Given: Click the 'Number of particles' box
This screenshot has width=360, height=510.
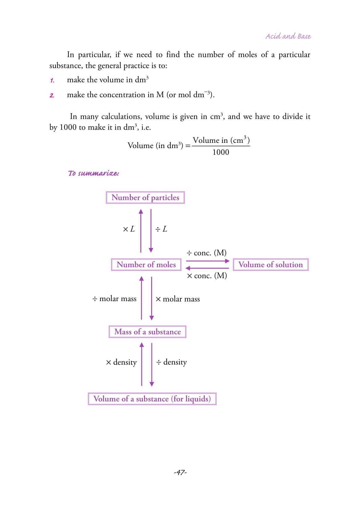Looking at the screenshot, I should coord(145,197).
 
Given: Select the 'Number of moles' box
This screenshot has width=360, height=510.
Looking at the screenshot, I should coord(146,265).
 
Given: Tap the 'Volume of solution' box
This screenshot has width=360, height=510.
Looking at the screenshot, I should coord(271,265).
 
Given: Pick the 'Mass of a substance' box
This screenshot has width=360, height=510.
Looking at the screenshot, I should coord(147,332).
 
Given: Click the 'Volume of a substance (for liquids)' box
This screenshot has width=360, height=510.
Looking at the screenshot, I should coord(152,399).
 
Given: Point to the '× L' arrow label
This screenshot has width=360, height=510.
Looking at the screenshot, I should coord(129,229).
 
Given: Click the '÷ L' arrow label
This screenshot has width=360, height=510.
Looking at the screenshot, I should coord(161,229).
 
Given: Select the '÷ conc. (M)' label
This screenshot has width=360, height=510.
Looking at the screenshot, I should coord(206,253).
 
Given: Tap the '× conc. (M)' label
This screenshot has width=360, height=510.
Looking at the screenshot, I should coord(207,276).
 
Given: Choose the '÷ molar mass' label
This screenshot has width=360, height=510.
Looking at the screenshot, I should coord(114,299).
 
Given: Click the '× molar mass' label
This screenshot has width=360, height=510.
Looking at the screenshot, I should coord(178,299).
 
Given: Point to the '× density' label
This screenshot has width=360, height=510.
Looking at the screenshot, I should coord(121,362).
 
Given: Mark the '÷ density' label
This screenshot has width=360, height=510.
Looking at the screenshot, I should coord(172,362).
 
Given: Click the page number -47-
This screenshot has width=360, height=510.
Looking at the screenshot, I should coord(180,472).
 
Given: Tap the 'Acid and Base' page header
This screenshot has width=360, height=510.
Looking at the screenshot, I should coord(288,36).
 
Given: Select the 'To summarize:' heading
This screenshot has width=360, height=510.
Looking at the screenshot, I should coord(93,173).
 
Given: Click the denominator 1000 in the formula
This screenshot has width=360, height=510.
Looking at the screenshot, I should coord(221,152).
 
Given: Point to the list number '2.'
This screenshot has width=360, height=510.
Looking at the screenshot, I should coord(52,95).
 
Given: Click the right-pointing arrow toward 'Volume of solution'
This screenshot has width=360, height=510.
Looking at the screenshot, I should coord(208,261).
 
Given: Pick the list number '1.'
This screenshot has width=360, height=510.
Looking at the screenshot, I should coord(52,81).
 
